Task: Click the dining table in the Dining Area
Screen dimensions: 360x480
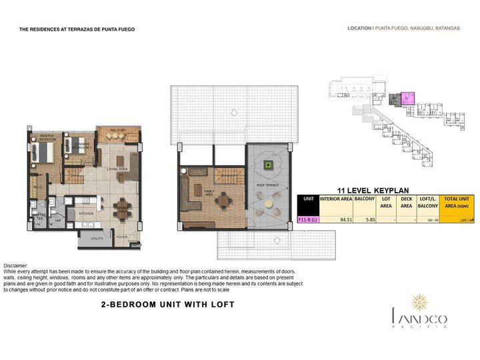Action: pos(121,206)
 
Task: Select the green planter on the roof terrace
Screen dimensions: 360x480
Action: pos(269,165)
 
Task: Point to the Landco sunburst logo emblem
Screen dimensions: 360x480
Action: pos(419,302)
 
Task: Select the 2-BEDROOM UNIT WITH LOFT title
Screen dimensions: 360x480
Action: pos(167,305)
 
